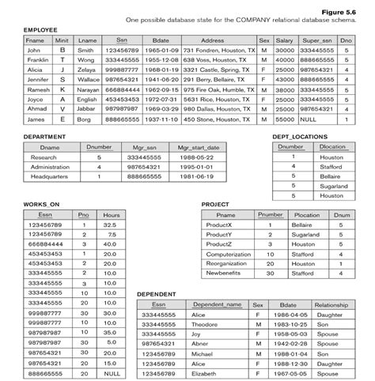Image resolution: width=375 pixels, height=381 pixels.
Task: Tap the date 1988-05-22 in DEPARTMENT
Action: point(194,157)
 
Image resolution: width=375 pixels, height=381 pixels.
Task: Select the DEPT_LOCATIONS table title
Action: point(300,137)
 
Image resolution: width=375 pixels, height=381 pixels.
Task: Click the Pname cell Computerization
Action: point(228,254)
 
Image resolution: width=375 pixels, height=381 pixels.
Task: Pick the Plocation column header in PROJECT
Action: point(306,215)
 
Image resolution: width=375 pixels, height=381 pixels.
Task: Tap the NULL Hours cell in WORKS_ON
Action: point(111,372)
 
